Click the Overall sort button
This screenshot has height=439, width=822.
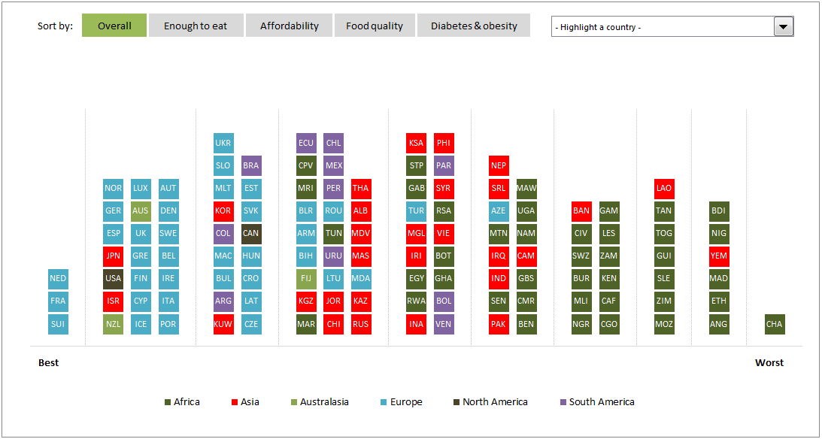tap(114, 26)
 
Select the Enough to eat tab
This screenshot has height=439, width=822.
tap(196, 26)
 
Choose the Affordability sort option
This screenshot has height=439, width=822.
tap(290, 26)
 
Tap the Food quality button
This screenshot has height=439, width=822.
tap(375, 26)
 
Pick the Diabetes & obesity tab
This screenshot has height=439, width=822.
tap(474, 26)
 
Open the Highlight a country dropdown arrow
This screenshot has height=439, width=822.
tap(784, 27)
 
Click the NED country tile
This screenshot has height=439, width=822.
tap(58, 278)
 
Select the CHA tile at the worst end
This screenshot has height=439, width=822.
tap(774, 324)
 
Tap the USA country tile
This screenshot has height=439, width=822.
tap(113, 278)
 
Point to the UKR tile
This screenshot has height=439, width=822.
tap(223, 143)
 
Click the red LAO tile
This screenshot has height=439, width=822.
tap(663, 188)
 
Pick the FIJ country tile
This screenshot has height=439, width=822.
tap(306, 278)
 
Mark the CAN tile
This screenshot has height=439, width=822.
tap(251, 233)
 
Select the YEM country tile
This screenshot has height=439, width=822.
tap(719, 256)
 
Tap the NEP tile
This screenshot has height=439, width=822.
tap(499, 165)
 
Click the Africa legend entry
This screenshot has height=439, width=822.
tap(182, 402)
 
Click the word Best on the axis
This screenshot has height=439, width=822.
tap(48, 362)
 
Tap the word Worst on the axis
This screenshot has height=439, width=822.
tap(769, 362)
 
